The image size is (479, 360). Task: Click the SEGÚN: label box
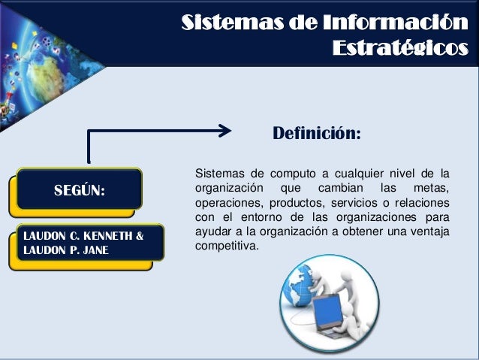coord(79,189)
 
